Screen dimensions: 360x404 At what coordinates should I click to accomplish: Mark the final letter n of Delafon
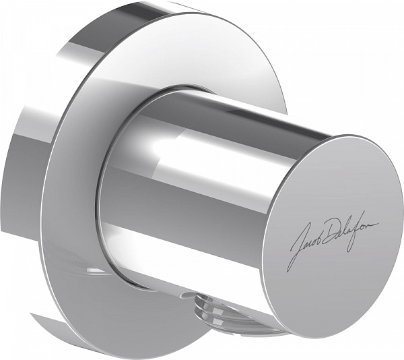pyautogui.click(x=374, y=224)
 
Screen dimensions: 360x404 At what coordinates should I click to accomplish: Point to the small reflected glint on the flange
pyautogui.click(x=94, y=272)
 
